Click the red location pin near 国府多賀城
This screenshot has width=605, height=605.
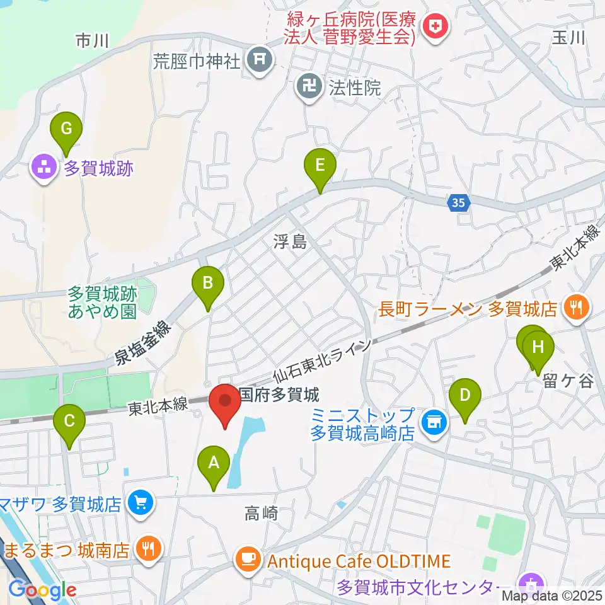coord(225,406)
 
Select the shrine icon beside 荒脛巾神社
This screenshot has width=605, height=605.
coord(260,61)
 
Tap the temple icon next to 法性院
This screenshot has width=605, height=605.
coord(309,87)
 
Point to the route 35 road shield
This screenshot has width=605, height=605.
coord(460,203)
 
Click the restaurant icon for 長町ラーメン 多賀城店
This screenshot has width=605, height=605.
coord(575,308)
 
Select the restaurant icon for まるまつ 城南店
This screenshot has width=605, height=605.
coord(148,548)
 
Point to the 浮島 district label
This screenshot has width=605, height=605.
coord(290,241)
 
